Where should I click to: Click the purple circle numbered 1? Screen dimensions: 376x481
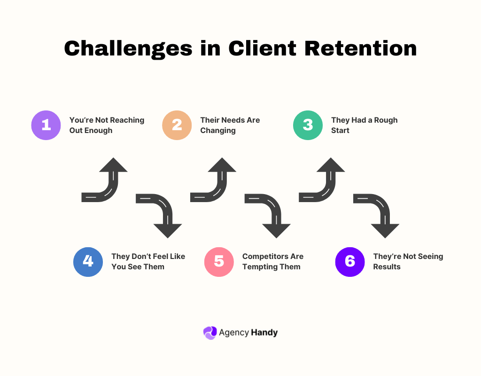(x=46, y=125)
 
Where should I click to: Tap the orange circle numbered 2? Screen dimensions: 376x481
(x=177, y=125)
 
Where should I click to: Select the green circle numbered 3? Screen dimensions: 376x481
(x=308, y=125)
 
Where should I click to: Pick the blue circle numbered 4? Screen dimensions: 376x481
(x=88, y=262)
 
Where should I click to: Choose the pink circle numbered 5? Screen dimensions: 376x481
(x=219, y=262)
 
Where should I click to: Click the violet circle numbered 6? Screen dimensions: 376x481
(x=350, y=262)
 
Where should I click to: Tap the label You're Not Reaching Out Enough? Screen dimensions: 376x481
(x=107, y=125)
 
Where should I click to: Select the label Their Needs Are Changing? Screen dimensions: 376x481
(x=230, y=125)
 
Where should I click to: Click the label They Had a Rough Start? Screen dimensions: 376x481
(x=364, y=125)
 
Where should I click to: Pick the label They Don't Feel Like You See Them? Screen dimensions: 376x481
(x=148, y=262)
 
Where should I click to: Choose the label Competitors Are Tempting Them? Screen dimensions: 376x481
(x=272, y=262)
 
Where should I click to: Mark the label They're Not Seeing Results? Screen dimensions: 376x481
(x=408, y=262)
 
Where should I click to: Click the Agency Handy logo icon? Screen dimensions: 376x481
(x=209, y=333)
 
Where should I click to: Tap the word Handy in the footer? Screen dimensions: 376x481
(x=264, y=333)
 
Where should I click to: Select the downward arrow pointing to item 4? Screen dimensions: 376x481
(x=162, y=214)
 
